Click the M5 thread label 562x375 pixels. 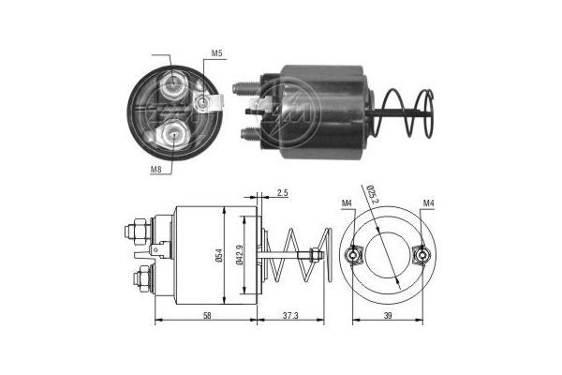216,54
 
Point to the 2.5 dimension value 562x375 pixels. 283,194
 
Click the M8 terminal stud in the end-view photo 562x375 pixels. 175,136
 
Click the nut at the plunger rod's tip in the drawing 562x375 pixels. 316,254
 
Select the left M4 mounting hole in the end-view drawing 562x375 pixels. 353,254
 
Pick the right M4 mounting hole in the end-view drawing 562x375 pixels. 422,254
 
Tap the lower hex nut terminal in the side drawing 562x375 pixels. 142,277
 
